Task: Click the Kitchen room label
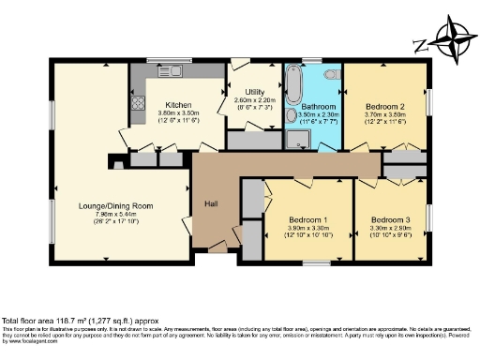click(178, 104)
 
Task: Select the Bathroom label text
click(312, 105)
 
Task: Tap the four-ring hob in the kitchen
click(137, 104)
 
